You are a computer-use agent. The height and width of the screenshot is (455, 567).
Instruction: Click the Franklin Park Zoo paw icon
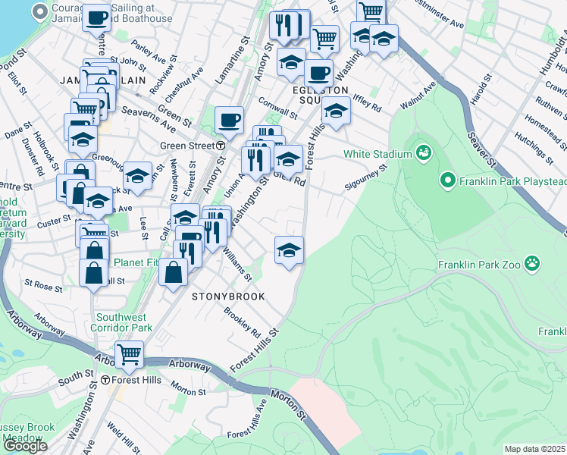tap(534, 264)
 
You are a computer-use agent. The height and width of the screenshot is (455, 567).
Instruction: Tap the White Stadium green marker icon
tap(424, 154)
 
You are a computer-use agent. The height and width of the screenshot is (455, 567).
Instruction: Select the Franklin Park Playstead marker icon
tap(447, 180)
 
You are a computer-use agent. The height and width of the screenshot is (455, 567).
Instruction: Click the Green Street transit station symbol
tap(220, 146)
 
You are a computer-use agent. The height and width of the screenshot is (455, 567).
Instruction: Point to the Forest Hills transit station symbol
tap(105, 379)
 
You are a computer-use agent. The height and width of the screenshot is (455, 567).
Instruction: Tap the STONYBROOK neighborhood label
tap(228, 297)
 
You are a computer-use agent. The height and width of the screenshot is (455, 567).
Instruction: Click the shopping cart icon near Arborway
tap(129, 354)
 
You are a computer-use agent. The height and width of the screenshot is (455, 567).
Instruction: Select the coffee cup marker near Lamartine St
tap(229, 120)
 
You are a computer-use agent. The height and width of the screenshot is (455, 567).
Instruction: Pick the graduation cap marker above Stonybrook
tap(289, 249)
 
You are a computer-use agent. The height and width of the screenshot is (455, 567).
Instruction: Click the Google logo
tap(25, 446)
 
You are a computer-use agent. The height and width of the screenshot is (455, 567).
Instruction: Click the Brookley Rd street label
tap(242, 322)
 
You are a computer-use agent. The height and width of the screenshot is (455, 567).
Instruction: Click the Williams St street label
tap(237, 266)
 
